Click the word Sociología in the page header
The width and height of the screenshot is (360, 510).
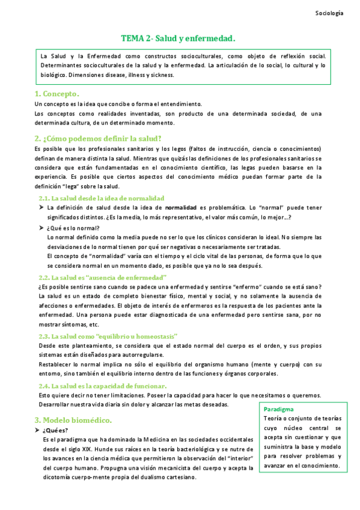point(330,13)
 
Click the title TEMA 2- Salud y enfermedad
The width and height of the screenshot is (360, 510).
point(178,38)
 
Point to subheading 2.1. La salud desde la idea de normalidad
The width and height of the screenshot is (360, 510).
point(101,198)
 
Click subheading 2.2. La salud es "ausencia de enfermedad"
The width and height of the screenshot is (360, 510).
point(102,277)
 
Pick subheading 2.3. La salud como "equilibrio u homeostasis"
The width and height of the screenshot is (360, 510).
point(108,336)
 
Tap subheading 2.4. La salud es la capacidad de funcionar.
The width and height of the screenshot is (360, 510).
point(102,386)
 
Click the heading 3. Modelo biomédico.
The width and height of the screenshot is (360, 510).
point(73,419)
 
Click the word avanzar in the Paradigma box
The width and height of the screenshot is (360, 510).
point(276,465)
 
